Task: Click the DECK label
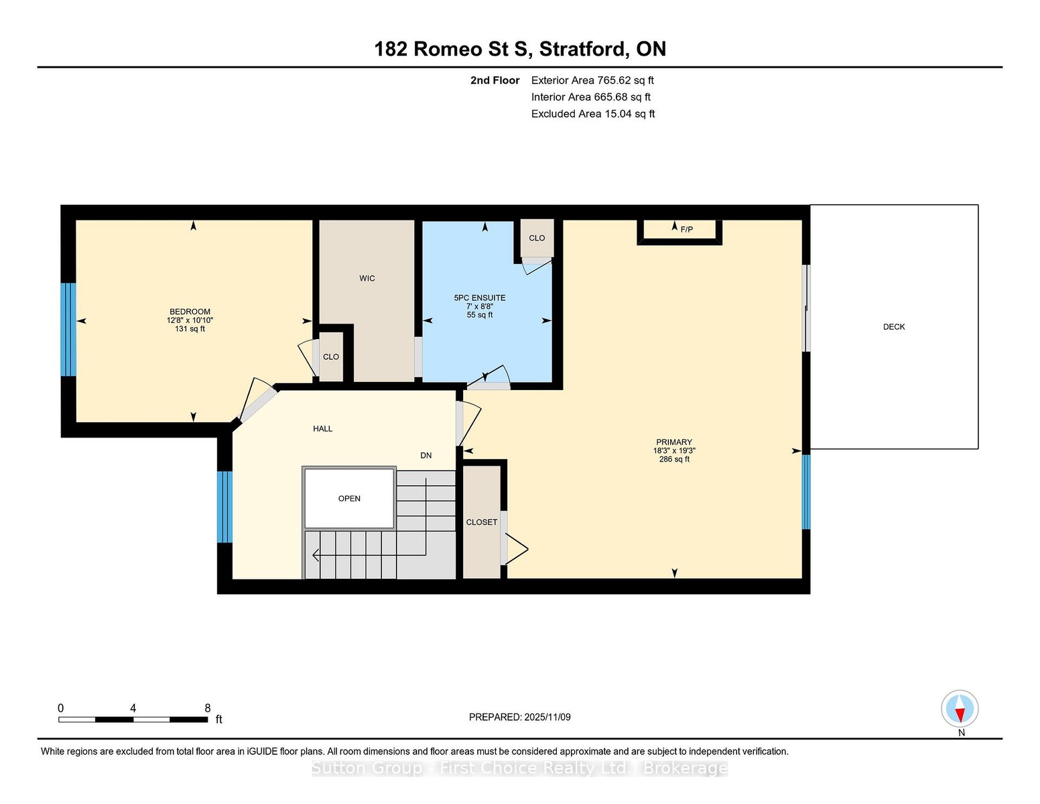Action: [893, 327]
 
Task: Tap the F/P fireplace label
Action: [686, 230]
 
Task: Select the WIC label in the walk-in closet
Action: [367, 278]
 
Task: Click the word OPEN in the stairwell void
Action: [349, 498]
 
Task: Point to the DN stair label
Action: [426, 456]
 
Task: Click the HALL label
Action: [322, 429]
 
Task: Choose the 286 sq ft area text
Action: [674, 459]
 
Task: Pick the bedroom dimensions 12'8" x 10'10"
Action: [190, 320]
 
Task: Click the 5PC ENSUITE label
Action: [480, 297]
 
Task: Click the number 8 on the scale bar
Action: [207, 708]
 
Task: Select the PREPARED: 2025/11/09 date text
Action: [520, 717]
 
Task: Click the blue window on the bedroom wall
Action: [68, 330]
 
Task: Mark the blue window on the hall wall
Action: [224, 507]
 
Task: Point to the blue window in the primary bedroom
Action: [806, 492]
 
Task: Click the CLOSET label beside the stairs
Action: [482, 523]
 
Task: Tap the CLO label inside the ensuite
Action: [537, 239]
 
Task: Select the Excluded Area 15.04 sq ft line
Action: [593, 114]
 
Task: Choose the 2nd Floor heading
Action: [495, 80]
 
